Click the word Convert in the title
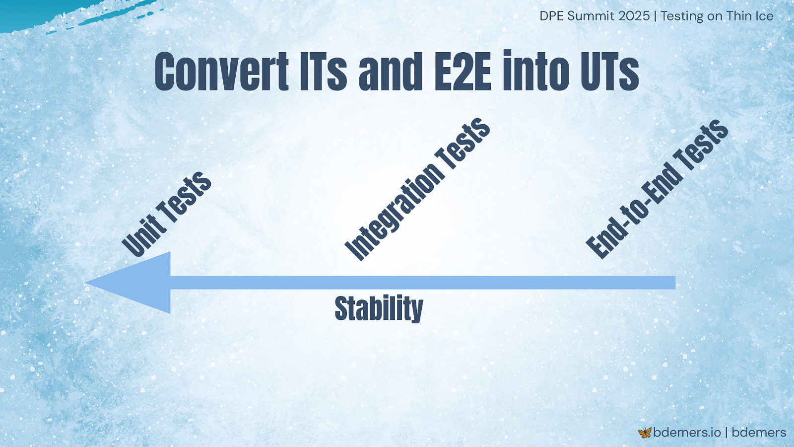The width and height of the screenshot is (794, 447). (x=222, y=72)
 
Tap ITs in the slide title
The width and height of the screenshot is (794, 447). (x=323, y=72)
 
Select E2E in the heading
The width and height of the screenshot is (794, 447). (x=463, y=72)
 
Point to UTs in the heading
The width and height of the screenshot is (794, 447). (x=610, y=72)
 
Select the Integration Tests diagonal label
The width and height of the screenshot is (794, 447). (x=417, y=189)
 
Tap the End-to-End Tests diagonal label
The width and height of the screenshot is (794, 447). (x=657, y=189)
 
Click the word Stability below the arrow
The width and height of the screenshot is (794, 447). (x=379, y=308)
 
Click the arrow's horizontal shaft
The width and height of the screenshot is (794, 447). (x=423, y=283)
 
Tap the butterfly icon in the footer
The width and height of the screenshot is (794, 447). (x=645, y=433)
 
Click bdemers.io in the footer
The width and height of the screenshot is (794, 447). (x=687, y=433)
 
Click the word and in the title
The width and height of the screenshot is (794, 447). (x=391, y=72)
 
